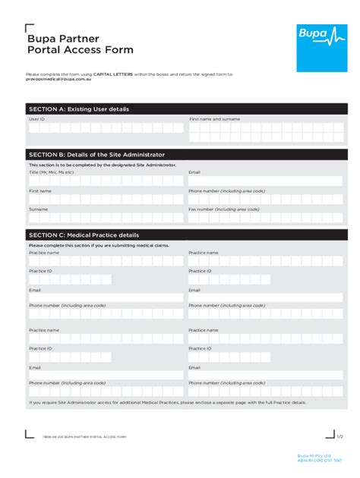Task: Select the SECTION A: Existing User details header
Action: click(78, 109)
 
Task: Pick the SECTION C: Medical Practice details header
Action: click(84, 235)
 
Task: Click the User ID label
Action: click(37, 119)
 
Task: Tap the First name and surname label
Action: click(215, 119)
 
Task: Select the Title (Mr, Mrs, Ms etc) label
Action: click(52, 172)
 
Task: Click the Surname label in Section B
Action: click(38, 209)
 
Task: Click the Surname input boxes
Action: click(106, 218)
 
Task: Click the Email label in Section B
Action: click(194, 172)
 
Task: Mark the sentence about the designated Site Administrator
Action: click(103, 165)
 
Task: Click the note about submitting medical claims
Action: click(99, 245)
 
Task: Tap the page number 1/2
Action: click(339, 437)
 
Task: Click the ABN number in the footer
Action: click(320, 461)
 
